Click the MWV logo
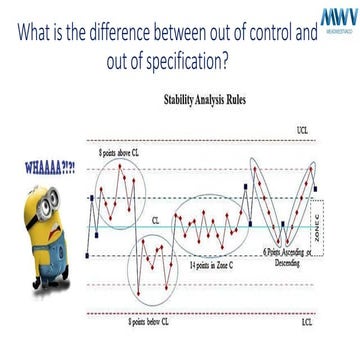335,21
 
